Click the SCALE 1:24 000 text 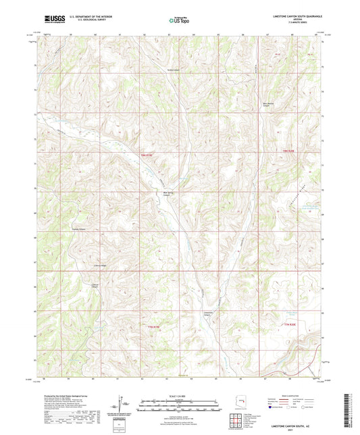click(x=179, y=395)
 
